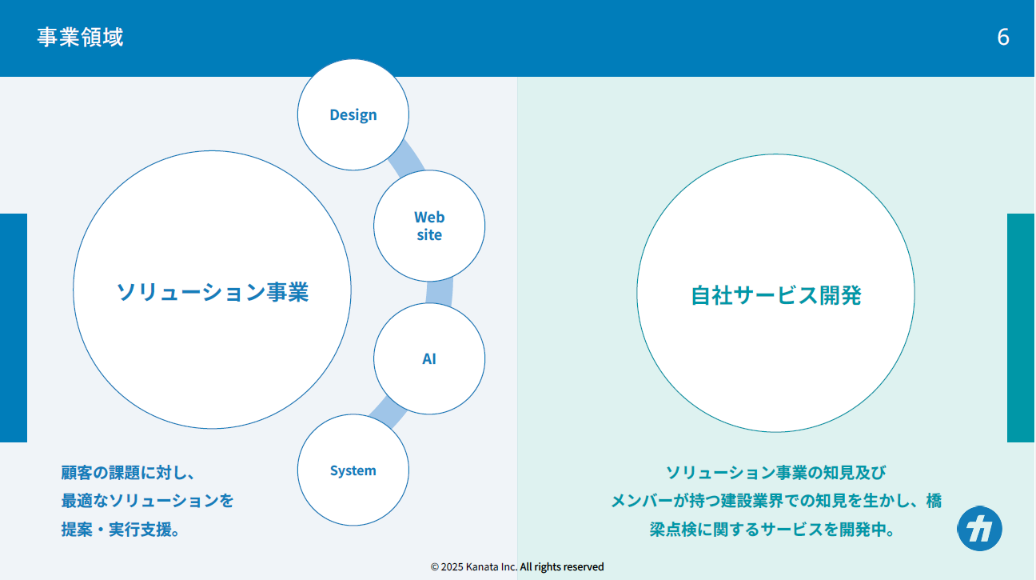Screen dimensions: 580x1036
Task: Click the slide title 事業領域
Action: click(80, 37)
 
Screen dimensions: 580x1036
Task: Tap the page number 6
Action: click(1002, 37)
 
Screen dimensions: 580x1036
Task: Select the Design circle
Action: click(353, 114)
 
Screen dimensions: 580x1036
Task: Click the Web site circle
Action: click(429, 226)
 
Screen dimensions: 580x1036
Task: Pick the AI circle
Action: click(429, 358)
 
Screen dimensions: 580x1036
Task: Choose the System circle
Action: click(353, 470)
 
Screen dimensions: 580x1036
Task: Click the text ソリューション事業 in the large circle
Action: click(213, 292)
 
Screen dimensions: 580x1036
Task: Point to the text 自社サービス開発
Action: click(775, 295)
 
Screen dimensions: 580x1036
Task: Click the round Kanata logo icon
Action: click(979, 529)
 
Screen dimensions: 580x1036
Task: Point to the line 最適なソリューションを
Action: click(147, 501)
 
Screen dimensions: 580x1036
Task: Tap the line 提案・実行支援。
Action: click(121, 530)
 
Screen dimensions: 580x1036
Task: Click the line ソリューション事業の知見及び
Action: click(775, 472)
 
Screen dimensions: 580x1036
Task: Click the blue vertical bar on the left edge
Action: click(14, 328)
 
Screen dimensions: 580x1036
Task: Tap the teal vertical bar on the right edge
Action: click(1021, 328)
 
